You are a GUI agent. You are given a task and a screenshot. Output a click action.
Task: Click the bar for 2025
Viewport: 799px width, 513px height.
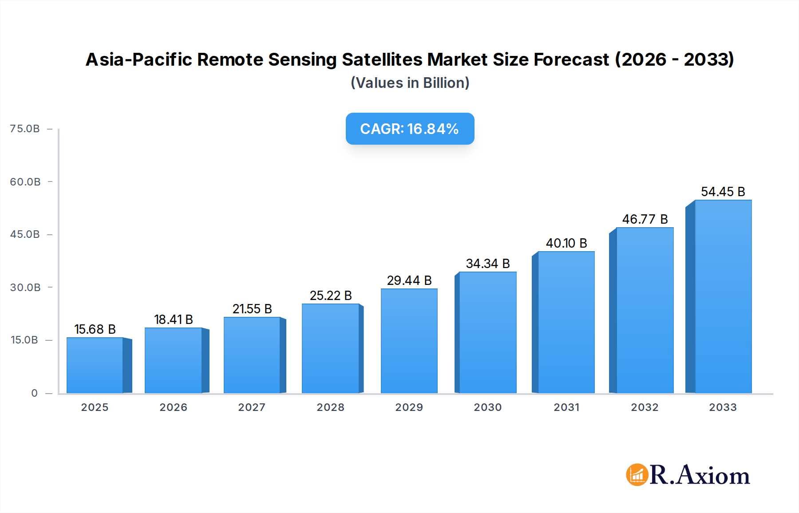tap(95, 365)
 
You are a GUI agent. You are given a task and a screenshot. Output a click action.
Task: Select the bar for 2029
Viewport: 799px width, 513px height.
tap(409, 341)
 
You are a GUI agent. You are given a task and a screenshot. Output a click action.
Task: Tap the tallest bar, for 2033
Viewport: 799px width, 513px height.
tap(723, 296)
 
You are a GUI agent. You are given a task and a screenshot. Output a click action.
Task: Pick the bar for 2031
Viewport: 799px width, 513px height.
tap(566, 322)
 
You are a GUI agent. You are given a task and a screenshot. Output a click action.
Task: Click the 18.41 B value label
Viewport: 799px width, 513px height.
tap(174, 320)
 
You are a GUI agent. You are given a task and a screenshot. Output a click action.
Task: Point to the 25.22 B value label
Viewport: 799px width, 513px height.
tap(331, 296)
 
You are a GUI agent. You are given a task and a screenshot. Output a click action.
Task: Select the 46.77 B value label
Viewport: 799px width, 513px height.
tap(645, 219)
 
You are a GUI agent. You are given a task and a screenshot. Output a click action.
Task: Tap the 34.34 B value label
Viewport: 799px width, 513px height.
tap(487, 264)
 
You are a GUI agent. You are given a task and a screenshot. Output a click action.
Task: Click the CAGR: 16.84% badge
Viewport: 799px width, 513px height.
tap(410, 129)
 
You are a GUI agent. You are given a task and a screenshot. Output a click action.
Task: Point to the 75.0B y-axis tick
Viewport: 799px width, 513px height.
tap(25, 129)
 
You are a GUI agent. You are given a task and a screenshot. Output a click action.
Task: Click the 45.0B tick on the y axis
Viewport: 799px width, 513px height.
tap(25, 234)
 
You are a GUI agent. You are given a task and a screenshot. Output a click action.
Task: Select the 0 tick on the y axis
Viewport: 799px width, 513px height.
tap(34, 393)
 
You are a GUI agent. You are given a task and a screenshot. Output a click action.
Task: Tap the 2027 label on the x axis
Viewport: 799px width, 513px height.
tap(252, 407)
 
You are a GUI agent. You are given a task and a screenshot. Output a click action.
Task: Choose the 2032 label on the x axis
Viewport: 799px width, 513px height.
tap(645, 407)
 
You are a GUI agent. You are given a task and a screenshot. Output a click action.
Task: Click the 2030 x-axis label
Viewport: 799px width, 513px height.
tap(487, 407)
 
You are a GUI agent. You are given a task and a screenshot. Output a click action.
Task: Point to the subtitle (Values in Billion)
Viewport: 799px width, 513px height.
tap(410, 83)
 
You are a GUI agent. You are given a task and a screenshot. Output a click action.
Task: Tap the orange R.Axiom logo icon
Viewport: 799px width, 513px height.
tap(637, 475)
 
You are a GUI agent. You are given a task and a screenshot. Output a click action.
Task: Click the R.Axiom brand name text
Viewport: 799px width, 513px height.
tap(700, 475)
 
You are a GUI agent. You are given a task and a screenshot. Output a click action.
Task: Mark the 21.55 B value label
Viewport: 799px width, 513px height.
tap(252, 309)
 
